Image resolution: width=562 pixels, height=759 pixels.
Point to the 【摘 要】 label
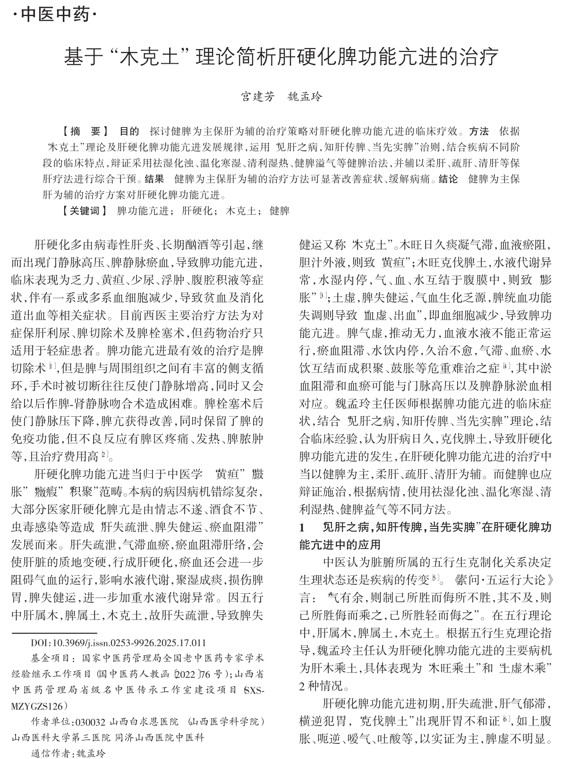(85, 131)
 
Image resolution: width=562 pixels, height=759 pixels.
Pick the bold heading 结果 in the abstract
(154, 179)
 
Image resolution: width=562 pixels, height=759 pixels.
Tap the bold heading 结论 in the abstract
(448, 179)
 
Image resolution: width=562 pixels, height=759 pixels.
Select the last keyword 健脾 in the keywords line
(279, 211)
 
